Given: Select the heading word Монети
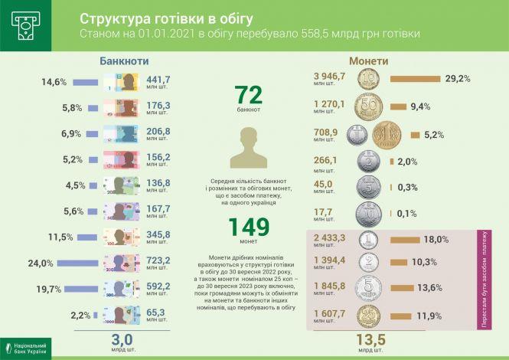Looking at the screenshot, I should click(369, 61).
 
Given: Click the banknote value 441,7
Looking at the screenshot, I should click(158, 80).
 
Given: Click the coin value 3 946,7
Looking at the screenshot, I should click(331, 77).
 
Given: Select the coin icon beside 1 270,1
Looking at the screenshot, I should click(370, 107).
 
